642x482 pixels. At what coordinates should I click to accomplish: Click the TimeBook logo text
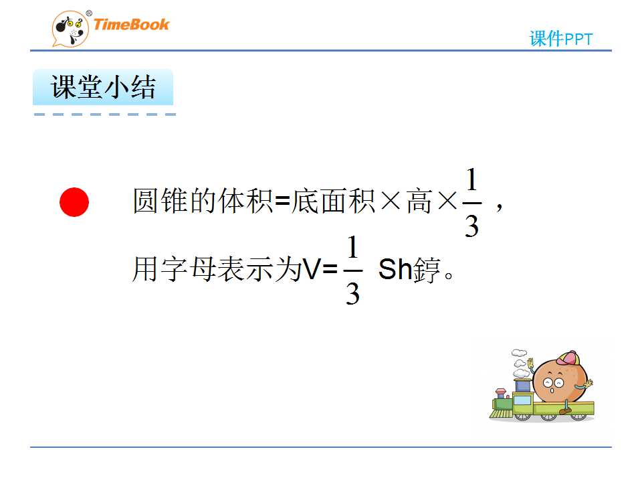tap(131, 25)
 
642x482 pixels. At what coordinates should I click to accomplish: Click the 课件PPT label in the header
tap(561, 39)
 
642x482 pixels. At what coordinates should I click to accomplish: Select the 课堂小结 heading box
tap(103, 87)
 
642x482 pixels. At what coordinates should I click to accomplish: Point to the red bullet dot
tap(74, 202)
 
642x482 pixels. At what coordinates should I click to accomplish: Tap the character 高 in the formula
tap(419, 202)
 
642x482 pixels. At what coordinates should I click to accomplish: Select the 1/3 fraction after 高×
tap(471, 203)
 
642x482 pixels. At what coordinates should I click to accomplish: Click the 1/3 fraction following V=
tap(352, 270)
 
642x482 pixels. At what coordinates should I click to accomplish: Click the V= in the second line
tap(320, 270)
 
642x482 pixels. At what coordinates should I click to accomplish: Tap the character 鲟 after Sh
tap(426, 270)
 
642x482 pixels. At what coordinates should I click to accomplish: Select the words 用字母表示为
tap(217, 270)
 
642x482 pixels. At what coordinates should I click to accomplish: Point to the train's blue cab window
tap(522, 386)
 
